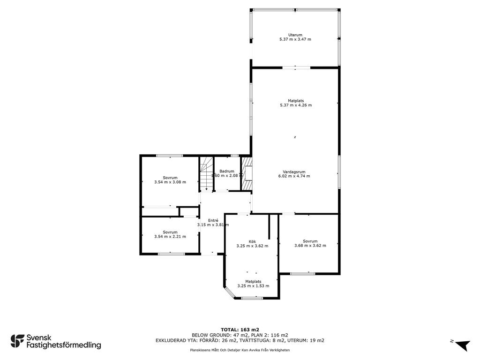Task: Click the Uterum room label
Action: [295, 35]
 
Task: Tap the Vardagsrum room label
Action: [294, 172]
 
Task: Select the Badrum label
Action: [227, 171]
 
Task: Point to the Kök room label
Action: [252, 241]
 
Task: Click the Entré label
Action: [213, 220]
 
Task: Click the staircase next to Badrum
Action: [206, 174]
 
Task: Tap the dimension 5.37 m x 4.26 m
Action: [296, 105]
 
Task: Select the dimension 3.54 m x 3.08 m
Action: [170, 182]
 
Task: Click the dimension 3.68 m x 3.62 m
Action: [310, 246]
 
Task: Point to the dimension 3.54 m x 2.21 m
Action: [170, 236]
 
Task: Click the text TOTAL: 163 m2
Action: [240, 330]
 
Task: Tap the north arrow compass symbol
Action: [462, 345]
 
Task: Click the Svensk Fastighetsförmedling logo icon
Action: [17, 341]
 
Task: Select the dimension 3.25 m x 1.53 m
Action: [253, 286]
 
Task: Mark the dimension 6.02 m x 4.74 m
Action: [294, 176]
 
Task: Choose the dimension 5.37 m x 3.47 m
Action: [295, 39]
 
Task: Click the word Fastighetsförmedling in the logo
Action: [64, 345]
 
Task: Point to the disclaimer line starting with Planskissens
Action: [240, 350]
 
